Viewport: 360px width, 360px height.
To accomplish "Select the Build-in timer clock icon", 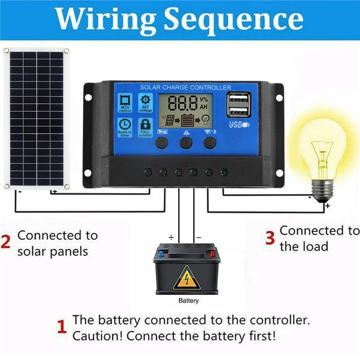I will [125, 127].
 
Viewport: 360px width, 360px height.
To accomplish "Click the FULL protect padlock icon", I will [145, 127].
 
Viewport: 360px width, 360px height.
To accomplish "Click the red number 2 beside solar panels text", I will [6, 242].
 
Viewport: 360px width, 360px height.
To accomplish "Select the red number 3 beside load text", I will [270, 238].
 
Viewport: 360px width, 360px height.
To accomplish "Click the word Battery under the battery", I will [188, 301].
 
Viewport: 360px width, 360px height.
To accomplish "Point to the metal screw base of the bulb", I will [323, 189].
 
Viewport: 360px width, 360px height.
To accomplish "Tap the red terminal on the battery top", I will [212, 254].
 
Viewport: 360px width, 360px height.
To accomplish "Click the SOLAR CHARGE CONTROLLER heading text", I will [185, 87].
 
